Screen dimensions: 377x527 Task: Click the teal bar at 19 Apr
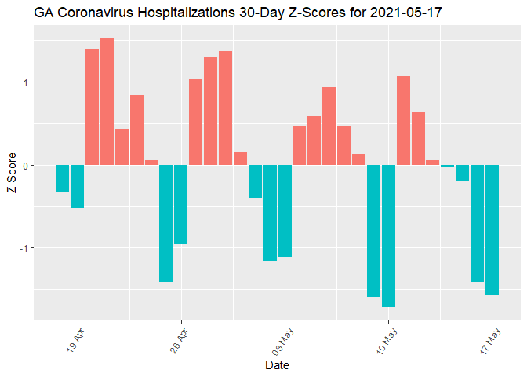click(x=77, y=186)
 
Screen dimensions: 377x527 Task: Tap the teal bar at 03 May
click(x=285, y=210)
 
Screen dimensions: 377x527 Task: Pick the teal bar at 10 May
click(x=388, y=236)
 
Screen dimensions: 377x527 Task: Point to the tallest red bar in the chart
click(x=107, y=102)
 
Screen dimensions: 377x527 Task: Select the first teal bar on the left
click(x=62, y=178)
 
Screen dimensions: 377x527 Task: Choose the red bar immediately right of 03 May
click(x=299, y=145)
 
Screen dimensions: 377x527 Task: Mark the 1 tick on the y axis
click(x=25, y=82)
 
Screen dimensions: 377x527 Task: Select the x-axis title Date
click(x=278, y=365)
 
